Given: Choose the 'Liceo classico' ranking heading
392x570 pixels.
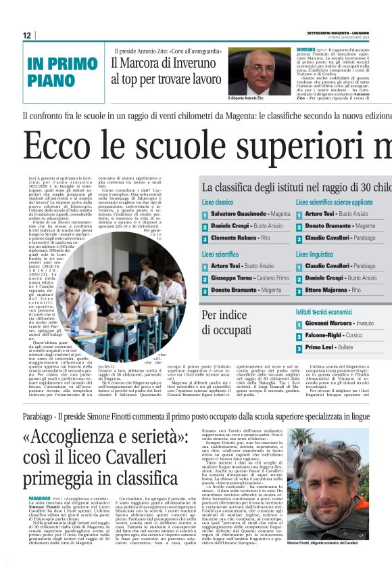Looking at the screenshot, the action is [x=218, y=202].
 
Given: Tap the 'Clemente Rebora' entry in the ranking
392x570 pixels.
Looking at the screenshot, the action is [x=236, y=239].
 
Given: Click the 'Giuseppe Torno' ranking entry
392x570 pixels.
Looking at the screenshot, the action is [x=236, y=278].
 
